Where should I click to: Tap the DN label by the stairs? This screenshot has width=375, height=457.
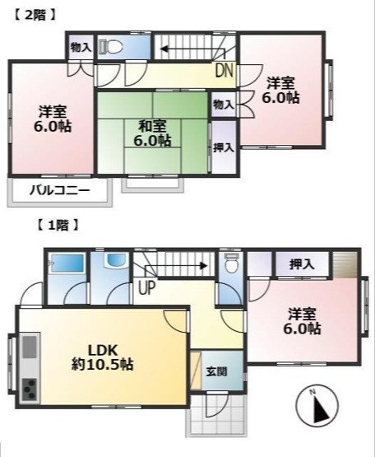click(224, 71)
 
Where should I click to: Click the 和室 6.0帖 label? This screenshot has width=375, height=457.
click(154, 133)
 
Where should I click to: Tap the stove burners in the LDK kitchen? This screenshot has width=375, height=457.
click(28, 388)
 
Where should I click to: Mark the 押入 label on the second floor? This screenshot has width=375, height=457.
click(223, 148)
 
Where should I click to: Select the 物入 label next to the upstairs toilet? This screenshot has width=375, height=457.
click(80, 47)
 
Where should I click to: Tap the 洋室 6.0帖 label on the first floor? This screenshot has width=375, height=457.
click(304, 320)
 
